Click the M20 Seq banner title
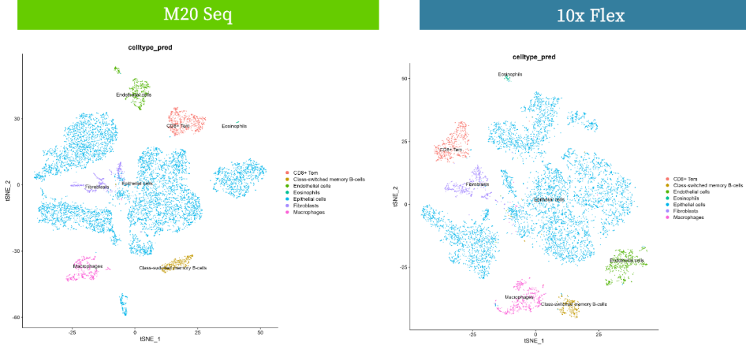(x=198, y=15)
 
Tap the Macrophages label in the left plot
(x=88, y=266)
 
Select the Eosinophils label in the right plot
(x=510, y=74)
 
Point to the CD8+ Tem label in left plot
(x=178, y=126)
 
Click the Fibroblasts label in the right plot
(x=477, y=184)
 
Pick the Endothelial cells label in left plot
(x=134, y=95)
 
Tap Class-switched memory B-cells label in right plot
(x=573, y=304)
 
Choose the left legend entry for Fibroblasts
(x=307, y=205)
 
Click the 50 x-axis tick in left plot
(x=260, y=332)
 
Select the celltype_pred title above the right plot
(x=533, y=57)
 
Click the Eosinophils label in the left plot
(x=233, y=126)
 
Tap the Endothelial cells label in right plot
(x=627, y=260)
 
